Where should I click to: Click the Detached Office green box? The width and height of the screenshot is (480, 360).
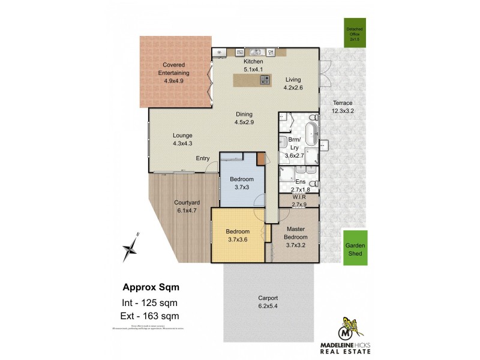(x=355, y=34)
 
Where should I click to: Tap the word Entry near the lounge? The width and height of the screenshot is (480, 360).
(x=203, y=158)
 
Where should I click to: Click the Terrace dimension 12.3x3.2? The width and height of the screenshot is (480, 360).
(x=343, y=110)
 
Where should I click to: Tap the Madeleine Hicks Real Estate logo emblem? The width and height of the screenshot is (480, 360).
(x=348, y=330)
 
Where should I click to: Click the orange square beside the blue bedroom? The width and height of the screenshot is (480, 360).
(x=260, y=159)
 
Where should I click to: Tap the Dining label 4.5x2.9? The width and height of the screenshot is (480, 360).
(x=244, y=118)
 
